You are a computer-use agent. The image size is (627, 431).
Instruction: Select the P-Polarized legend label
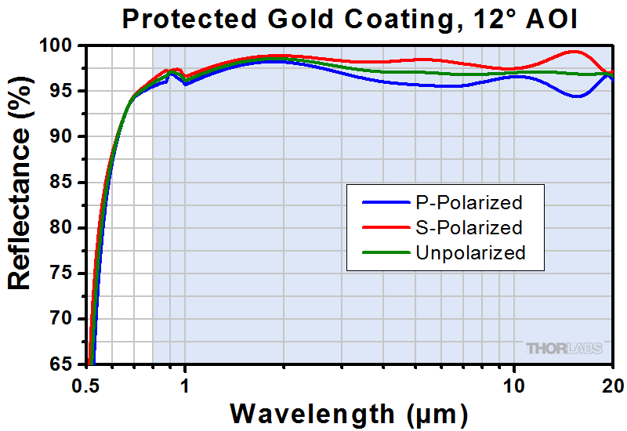point(468,203)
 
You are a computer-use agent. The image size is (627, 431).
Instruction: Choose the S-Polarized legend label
point(468,228)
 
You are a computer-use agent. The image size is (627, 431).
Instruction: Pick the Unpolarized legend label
point(469,253)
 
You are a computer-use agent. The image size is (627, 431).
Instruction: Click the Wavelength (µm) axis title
point(350,412)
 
